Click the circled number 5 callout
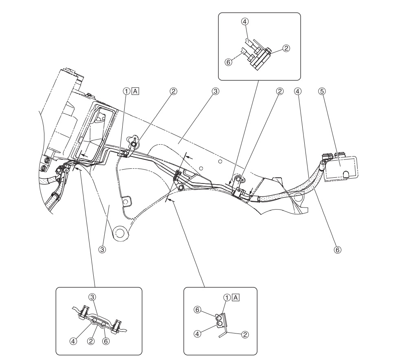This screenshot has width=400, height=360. tap(322, 92)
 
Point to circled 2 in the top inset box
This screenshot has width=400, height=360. tap(286, 48)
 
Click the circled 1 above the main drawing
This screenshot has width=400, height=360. tap(127, 92)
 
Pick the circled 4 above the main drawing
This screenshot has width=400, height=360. tap(298, 92)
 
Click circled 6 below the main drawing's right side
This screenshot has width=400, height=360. tap(336, 248)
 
